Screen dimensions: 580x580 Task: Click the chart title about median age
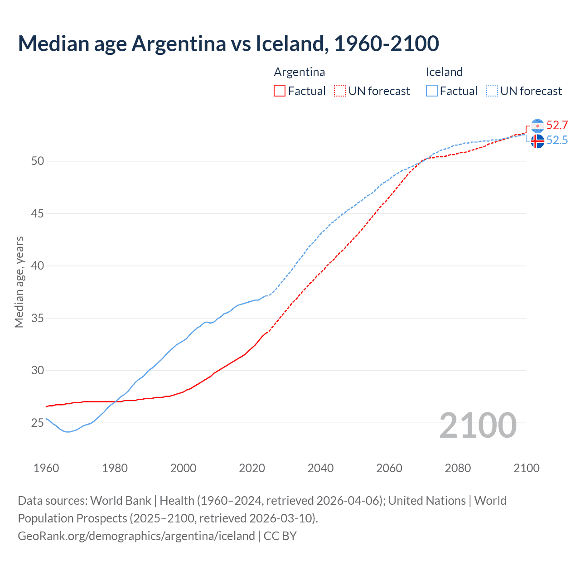(x=228, y=43)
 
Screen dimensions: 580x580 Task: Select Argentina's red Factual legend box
(x=280, y=91)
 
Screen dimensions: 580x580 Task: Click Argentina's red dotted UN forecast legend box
(x=340, y=91)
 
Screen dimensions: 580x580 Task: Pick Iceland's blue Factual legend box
(x=432, y=91)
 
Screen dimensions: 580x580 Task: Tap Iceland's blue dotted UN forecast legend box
(x=492, y=91)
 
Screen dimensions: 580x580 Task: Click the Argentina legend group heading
(x=300, y=72)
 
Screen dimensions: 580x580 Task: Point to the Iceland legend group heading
(x=444, y=72)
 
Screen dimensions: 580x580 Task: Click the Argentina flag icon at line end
(x=537, y=126)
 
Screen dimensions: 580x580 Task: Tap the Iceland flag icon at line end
(x=537, y=141)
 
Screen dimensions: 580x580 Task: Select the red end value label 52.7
(x=557, y=125)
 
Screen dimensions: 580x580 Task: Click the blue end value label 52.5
(x=557, y=140)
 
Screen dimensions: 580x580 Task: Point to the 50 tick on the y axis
(x=38, y=161)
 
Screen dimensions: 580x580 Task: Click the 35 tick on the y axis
(x=38, y=318)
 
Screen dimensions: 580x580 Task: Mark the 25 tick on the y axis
(x=38, y=423)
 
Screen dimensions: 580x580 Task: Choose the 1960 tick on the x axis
(x=46, y=468)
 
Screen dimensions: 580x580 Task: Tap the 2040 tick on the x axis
(x=320, y=468)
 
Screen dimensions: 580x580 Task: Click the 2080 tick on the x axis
(x=458, y=468)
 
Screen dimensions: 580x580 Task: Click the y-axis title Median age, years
(x=19, y=282)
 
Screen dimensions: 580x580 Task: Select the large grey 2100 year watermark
(x=478, y=425)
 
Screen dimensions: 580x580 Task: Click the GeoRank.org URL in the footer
(x=136, y=536)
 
